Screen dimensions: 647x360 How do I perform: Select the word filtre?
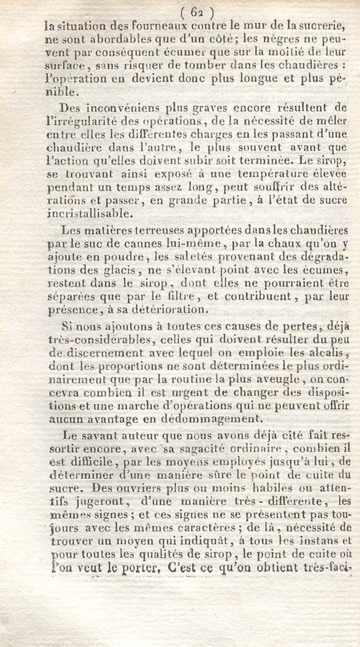click(x=197, y=297)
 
